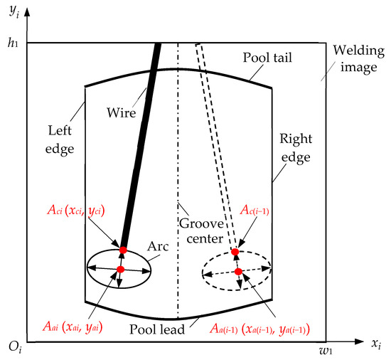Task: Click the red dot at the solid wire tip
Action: click(123, 250)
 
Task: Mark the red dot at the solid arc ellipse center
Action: click(120, 269)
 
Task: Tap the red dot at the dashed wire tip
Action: click(235, 252)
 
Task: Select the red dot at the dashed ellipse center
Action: click(239, 271)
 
